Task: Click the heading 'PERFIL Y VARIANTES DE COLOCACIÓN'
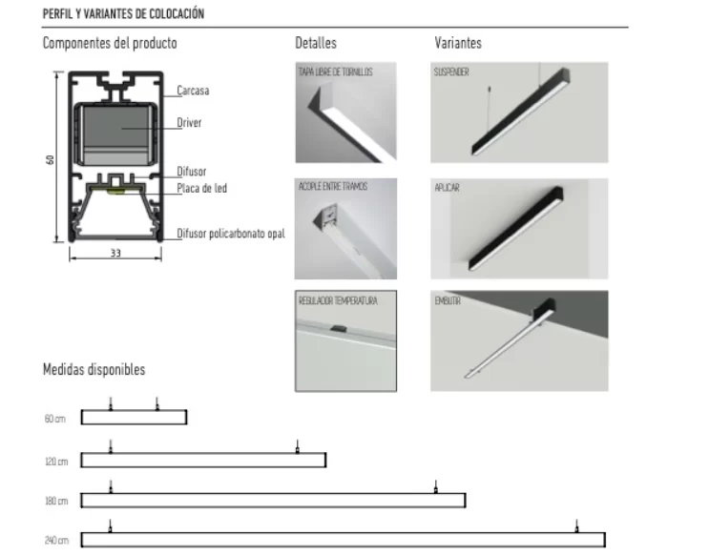(x=123, y=15)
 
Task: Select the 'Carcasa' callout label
(x=193, y=91)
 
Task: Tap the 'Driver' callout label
(x=189, y=123)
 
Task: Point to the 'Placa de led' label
(x=201, y=188)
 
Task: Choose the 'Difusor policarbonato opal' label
(x=231, y=234)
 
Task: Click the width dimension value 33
(x=115, y=254)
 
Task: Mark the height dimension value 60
(x=49, y=159)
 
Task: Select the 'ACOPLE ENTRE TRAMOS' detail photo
(x=345, y=229)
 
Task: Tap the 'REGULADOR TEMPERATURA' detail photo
(x=345, y=341)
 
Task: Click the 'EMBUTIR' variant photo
(x=519, y=341)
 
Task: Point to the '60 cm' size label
(x=54, y=420)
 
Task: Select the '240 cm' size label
(x=55, y=541)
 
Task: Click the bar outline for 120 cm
(x=203, y=461)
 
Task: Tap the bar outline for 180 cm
(x=273, y=501)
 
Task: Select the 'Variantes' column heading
(x=458, y=44)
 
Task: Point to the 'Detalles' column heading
(x=316, y=44)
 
